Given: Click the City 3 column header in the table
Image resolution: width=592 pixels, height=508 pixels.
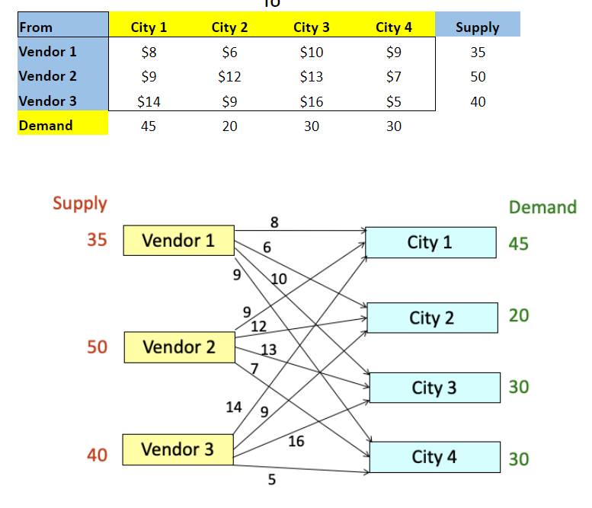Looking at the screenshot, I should (x=312, y=27).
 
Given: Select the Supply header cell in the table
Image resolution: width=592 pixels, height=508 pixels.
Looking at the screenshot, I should (x=478, y=27).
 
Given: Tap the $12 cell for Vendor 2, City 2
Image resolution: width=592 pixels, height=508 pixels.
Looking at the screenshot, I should (x=229, y=77).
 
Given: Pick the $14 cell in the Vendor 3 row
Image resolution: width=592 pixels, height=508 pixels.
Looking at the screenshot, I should (x=149, y=101).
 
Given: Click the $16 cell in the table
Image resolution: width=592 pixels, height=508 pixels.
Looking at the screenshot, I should (x=312, y=101).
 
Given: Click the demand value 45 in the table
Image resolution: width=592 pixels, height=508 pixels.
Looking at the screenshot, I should (x=149, y=126).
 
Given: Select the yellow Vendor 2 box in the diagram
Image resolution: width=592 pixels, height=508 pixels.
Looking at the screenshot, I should (x=179, y=347).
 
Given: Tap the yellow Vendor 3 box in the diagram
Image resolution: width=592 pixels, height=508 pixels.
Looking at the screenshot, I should (x=178, y=449).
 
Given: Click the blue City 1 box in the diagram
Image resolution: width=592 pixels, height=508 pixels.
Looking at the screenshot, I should (x=430, y=242).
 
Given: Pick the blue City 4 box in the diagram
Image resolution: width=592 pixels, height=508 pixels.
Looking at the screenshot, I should (x=434, y=457).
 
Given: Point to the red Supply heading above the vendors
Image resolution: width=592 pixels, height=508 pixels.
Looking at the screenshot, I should (x=80, y=203).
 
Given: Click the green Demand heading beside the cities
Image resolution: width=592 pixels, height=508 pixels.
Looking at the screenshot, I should (x=542, y=207).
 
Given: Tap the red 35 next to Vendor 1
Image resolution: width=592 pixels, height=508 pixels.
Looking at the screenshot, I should (x=97, y=240).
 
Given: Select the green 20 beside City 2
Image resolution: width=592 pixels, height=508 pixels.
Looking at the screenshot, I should (x=519, y=315).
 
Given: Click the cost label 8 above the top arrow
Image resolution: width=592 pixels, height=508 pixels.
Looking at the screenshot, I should (x=274, y=222).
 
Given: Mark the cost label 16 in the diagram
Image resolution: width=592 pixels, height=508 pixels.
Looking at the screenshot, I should (x=296, y=441).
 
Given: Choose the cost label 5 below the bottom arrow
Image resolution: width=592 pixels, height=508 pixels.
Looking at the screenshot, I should (x=271, y=480).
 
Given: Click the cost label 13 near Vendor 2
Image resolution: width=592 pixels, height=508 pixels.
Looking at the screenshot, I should (x=268, y=350).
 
